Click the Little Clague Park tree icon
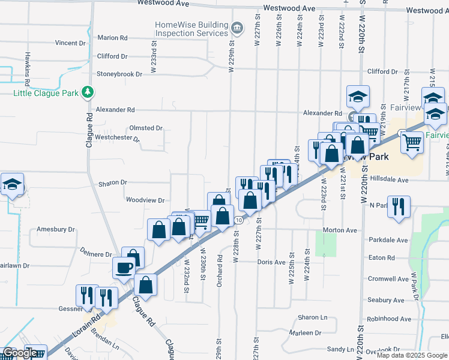pyautogui.click(x=89, y=92)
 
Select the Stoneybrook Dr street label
pyautogui.click(x=119, y=74)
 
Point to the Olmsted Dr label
pyautogui.click(x=146, y=128)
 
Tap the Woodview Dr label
pyautogui.click(x=145, y=200)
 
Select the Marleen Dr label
pyautogui.click(x=305, y=333)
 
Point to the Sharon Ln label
pyautogui.click(x=313, y=317)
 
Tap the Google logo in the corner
pyautogui.click(x=20, y=353)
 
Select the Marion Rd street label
pyautogui.click(x=112, y=38)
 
